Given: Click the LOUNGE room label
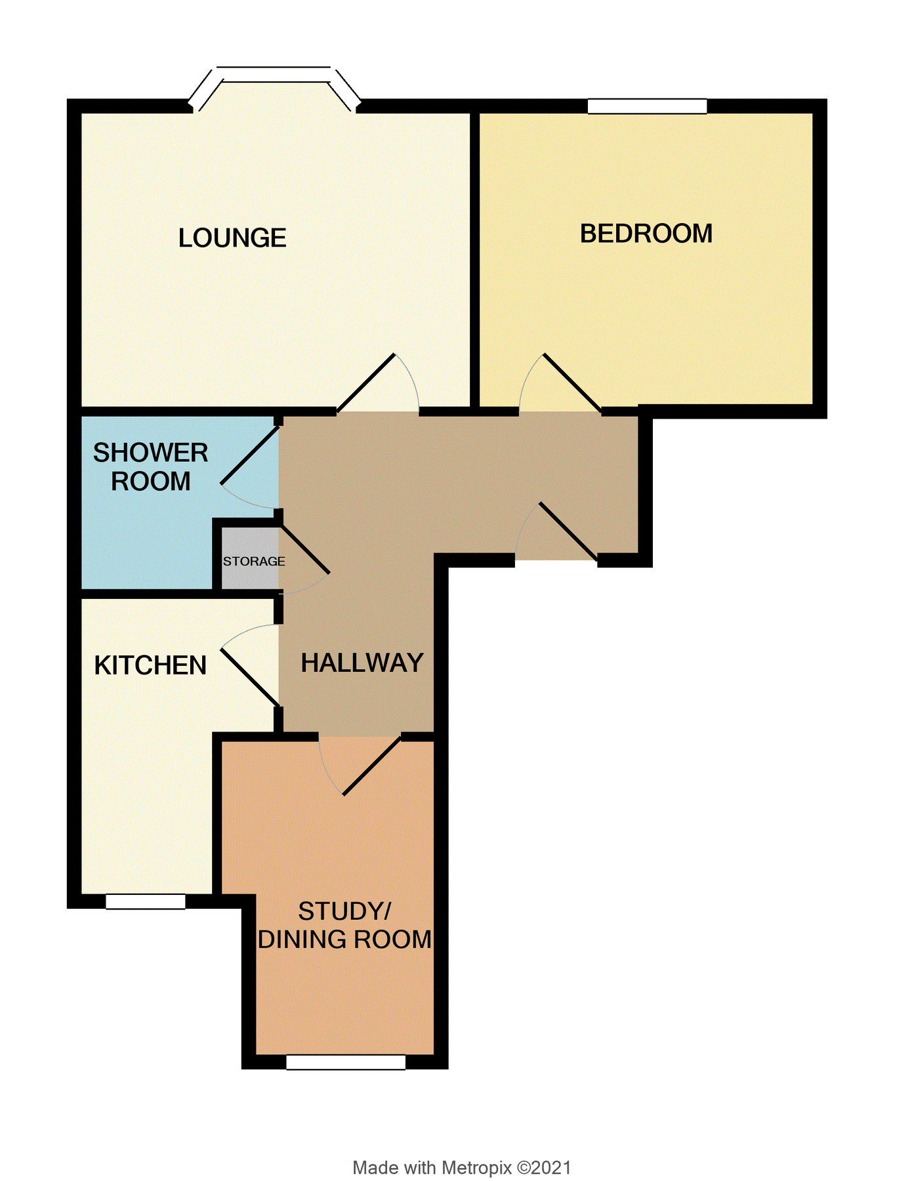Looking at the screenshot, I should tap(232, 238).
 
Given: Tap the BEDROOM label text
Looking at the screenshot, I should tap(646, 234).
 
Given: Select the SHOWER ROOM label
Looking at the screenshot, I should tap(150, 466).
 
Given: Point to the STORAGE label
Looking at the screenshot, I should tap(254, 562).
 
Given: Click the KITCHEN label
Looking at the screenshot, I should tap(150, 665).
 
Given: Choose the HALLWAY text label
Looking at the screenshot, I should tap(362, 663).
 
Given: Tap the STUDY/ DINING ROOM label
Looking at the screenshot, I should tap(344, 925).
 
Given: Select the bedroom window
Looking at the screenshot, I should tap(647, 106).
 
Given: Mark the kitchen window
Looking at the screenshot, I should tap(146, 901).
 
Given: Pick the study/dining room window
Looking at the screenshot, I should tap(346, 1062).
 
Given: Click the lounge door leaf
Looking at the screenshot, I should tap(366, 384).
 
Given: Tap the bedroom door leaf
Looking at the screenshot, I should tap(571, 383).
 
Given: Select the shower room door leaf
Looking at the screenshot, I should tap(250, 455).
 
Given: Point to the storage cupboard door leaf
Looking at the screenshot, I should tap(304, 549).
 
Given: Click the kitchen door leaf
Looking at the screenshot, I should tap(250, 678).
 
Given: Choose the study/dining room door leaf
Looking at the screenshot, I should tap(372, 766).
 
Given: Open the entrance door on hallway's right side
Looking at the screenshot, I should tap(568, 531).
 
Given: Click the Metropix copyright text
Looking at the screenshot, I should tap(461, 1167).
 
